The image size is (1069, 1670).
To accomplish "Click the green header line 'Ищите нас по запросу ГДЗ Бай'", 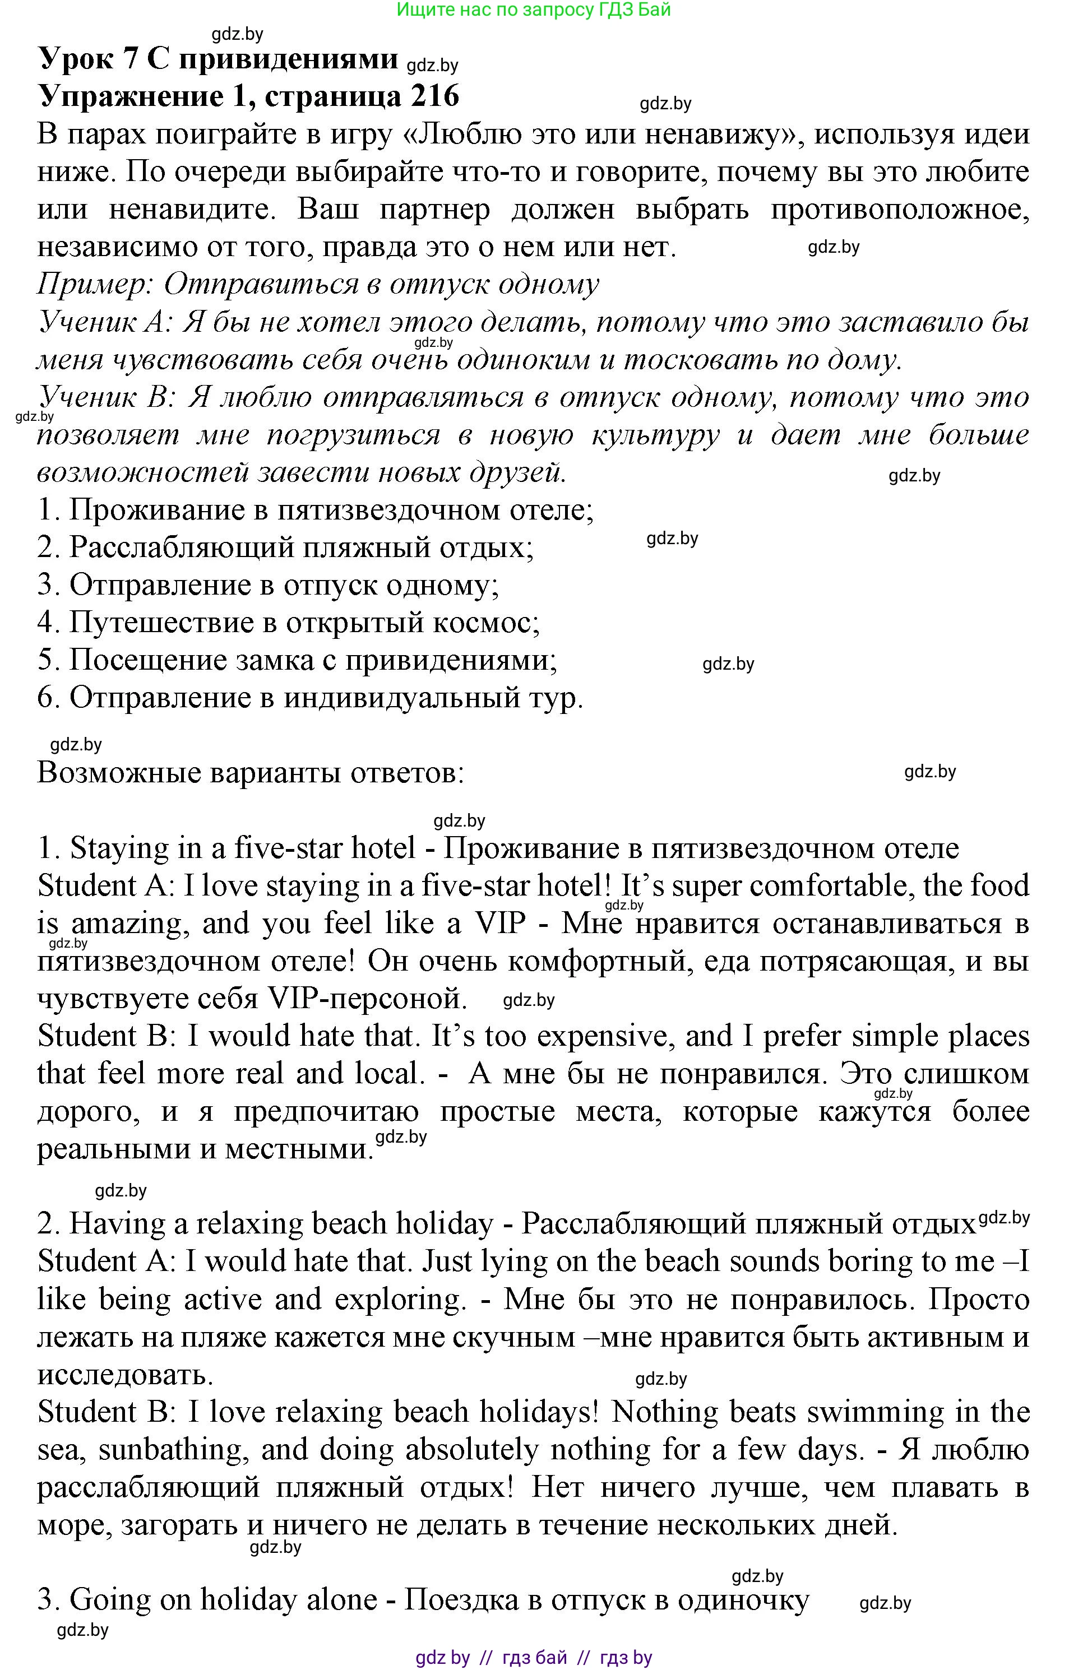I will pos(534,10).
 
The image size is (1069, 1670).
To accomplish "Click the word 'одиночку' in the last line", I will pos(743,1600).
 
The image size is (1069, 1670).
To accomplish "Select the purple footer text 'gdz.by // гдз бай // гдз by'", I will pos(534,1658).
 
